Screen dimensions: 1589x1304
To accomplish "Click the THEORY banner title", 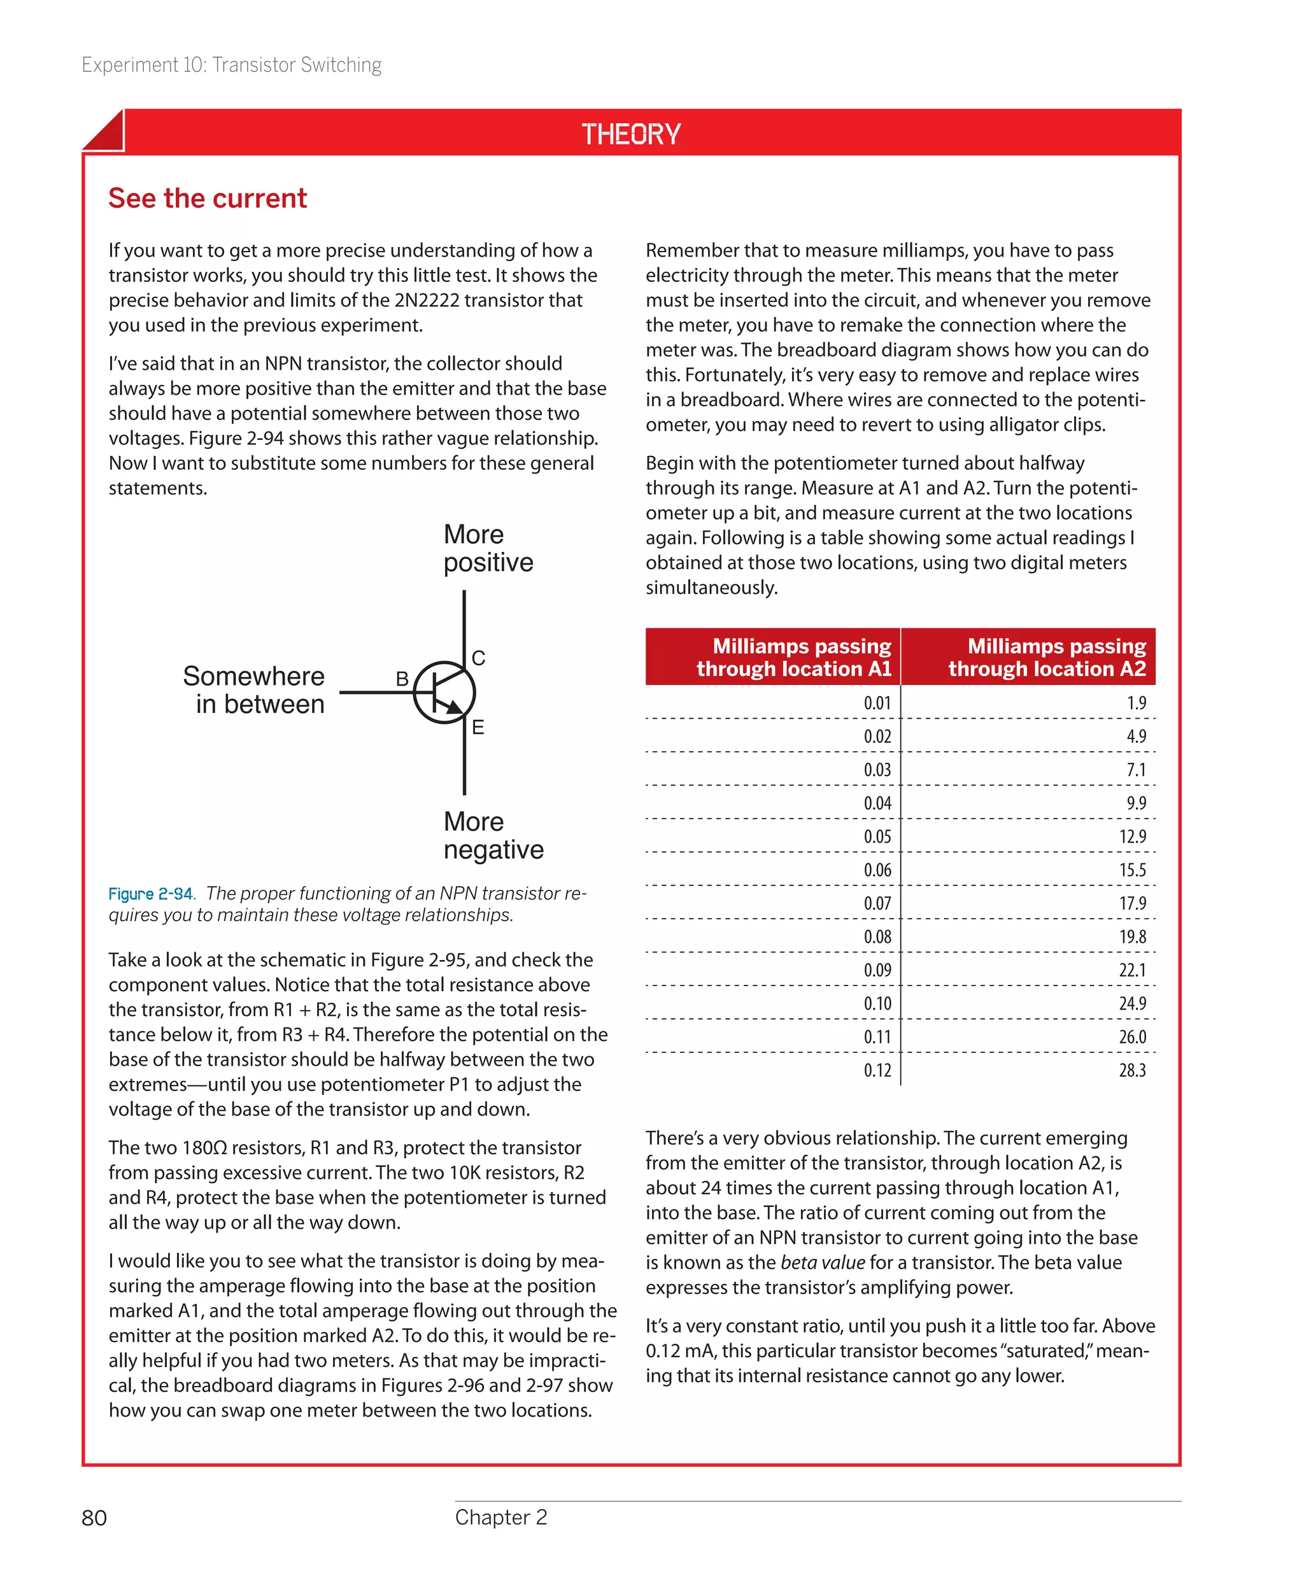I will click(x=631, y=134).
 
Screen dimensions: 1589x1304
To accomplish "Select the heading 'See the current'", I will click(x=208, y=198).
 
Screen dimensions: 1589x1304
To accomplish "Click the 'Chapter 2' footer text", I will click(x=501, y=1517).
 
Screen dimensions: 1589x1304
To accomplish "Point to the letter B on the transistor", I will click(x=402, y=679).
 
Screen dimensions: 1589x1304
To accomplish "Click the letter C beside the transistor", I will click(x=478, y=658).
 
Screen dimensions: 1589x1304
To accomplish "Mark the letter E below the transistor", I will click(x=478, y=727).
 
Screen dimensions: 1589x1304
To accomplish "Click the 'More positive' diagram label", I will click(x=488, y=548).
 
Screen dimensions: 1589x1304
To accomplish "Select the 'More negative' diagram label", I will click(x=493, y=835).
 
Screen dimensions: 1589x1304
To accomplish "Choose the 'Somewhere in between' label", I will click(x=254, y=690).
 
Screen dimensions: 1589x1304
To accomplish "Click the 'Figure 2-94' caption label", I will click(x=151, y=894).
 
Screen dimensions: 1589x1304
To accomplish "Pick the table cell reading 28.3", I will click(x=1132, y=1070).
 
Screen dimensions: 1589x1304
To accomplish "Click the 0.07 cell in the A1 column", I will click(x=877, y=903).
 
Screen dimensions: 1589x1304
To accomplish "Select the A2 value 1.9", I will click(x=1136, y=703).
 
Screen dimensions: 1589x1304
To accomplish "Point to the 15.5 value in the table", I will click(x=1132, y=870).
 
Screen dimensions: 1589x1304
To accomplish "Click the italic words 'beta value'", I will click(x=823, y=1262).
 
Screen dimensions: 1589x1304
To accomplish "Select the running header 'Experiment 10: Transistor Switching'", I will click(x=231, y=66).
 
